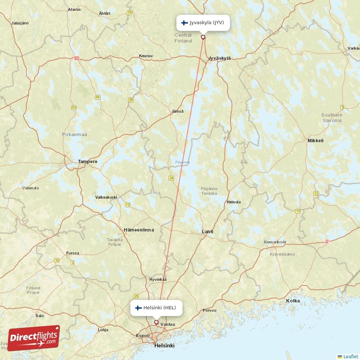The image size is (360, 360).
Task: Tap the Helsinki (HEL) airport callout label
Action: click(x=157, y=308)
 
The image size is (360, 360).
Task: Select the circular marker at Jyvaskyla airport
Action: click(x=203, y=37)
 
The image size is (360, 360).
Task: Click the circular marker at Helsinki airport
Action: click(x=156, y=322)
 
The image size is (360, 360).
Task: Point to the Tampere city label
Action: click(x=87, y=162)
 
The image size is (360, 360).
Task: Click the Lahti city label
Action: click(x=207, y=232)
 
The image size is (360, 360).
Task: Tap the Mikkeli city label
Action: click(x=315, y=141)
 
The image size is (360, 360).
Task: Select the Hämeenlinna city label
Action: click(x=139, y=230)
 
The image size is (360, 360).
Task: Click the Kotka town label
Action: click(x=293, y=301)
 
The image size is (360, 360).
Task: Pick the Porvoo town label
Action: click(x=209, y=310)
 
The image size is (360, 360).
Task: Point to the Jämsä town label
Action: click(x=177, y=111)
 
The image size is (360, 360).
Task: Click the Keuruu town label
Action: click(x=146, y=56)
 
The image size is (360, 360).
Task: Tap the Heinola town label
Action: click(x=234, y=202)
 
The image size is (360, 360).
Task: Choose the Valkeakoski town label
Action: click(x=106, y=197)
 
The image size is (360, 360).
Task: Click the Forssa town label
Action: click(x=72, y=253)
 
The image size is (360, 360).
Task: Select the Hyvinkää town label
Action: click(x=158, y=279)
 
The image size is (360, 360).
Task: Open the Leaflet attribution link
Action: click(x=350, y=356)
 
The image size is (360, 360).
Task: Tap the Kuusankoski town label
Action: click(x=274, y=242)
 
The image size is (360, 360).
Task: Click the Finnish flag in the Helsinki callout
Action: click(x=138, y=308)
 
